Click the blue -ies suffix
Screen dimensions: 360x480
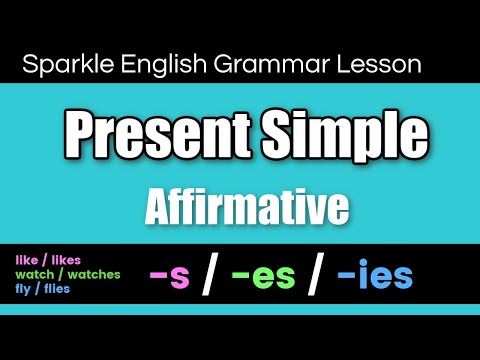376,276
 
